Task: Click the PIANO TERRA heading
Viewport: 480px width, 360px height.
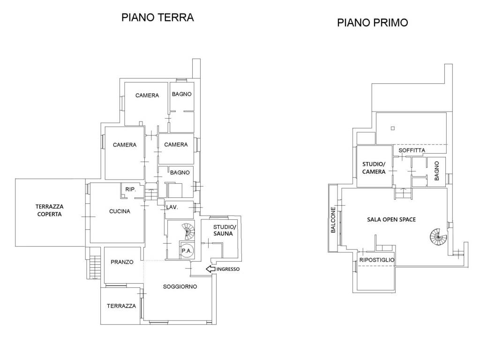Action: pos(157,17)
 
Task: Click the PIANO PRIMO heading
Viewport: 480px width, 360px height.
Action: pos(373,22)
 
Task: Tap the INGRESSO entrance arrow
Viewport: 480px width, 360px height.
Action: pos(210,269)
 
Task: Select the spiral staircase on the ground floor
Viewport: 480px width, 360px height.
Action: pos(188,232)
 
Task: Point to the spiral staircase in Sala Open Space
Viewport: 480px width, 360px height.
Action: pos(438,237)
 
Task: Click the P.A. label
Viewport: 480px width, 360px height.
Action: pos(187,251)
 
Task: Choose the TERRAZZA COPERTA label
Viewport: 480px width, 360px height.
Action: pos(49,210)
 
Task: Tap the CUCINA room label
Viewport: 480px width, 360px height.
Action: pos(120,211)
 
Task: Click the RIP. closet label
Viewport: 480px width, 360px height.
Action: pos(130,189)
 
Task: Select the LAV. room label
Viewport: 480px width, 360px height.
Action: pos(172,207)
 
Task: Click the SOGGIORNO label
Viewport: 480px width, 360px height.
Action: pos(180,286)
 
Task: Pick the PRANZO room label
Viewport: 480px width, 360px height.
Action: pos(122,262)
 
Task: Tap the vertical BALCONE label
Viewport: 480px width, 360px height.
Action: pos(333,220)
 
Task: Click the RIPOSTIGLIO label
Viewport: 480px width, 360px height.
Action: pos(377,260)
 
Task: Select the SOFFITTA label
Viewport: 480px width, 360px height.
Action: pos(412,150)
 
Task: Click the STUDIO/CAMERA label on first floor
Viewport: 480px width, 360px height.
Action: pos(374,168)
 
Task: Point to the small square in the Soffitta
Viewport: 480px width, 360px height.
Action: pos(393,128)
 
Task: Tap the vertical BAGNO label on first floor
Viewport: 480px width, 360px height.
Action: pos(437,171)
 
